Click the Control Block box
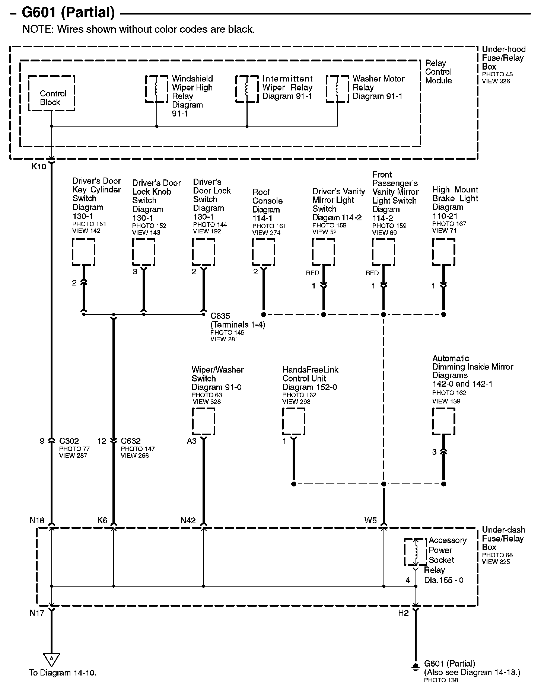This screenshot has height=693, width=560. (x=51, y=93)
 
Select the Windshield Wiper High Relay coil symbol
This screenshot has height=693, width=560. (x=157, y=89)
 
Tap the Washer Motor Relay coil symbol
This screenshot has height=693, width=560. (x=337, y=89)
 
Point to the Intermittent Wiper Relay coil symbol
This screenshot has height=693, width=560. (x=247, y=89)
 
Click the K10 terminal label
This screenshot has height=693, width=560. (x=39, y=166)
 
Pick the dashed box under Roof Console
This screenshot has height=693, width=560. (x=264, y=252)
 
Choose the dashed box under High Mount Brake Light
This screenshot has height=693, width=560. (x=443, y=252)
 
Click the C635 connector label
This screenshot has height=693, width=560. (x=220, y=316)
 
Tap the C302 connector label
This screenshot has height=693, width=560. (x=69, y=441)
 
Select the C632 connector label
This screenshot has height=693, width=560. (x=131, y=441)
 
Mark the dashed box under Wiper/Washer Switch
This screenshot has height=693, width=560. (x=203, y=421)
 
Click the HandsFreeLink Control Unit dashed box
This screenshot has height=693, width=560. (x=294, y=421)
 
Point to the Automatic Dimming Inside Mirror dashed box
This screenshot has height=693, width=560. (x=443, y=421)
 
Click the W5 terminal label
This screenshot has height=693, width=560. (x=370, y=520)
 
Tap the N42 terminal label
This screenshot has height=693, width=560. (x=188, y=520)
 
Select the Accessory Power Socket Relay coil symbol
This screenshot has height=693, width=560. (x=416, y=552)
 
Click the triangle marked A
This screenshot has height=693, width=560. (x=51, y=659)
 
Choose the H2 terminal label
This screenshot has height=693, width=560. (x=403, y=613)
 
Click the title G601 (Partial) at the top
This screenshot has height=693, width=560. (x=68, y=13)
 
